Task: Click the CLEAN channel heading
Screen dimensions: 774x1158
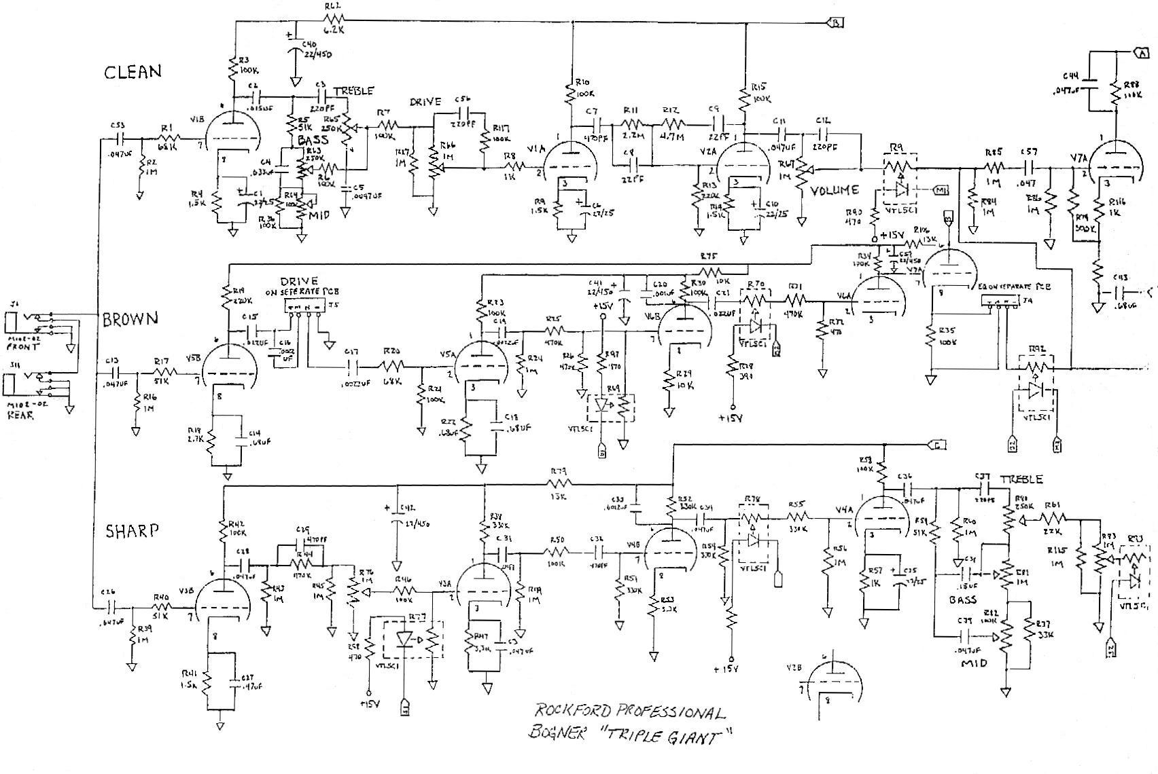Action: pyautogui.click(x=133, y=72)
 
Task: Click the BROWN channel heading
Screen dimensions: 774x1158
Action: pyautogui.click(x=130, y=319)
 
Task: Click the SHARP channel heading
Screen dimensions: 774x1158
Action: pyautogui.click(x=132, y=531)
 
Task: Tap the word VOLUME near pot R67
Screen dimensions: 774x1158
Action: pyautogui.click(x=834, y=190)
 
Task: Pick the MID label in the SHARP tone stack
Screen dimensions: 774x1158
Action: pyautogui.click(x=972, y=663)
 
